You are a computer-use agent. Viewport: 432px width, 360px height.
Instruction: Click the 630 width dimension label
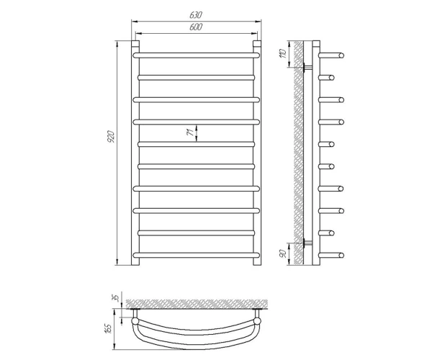pos(196,15)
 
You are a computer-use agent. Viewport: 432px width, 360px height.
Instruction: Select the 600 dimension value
pos(196,27)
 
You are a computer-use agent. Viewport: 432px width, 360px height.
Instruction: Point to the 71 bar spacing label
pos(190,132)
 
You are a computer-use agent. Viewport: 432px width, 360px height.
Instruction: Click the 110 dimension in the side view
pos(283,53)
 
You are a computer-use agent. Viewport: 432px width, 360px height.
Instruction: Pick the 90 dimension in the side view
pos(283,253)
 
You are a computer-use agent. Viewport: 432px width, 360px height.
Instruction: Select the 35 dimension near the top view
pos(116,298)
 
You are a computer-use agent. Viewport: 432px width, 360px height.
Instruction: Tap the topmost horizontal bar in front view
pos(196,55)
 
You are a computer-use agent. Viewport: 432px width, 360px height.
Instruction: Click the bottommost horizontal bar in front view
pos(196,255)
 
